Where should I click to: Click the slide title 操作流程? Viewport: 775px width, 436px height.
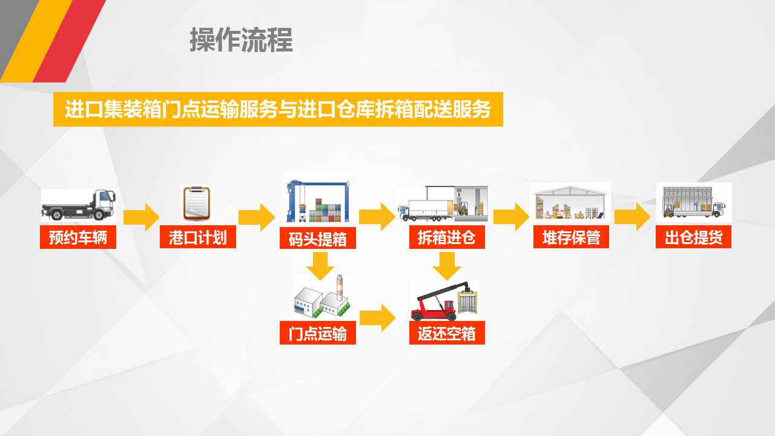pyautogui.click(x=241, y=40)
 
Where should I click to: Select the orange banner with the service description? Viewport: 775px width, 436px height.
pyautogui.click(x=278, y=109)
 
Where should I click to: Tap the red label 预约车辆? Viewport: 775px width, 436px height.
pyautogui.click(x=78, y=237)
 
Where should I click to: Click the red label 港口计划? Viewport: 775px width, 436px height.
pyautogui.click(x=198, y=237)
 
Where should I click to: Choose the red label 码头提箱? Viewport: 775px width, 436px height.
pyautogui.click(x=318, y=238)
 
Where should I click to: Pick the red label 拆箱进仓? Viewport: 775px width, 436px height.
pyautogui.click(x=447, y=237)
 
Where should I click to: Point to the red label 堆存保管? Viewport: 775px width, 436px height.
pyautogui.click(x=571, y=237)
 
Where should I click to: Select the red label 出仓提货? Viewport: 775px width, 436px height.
pyautogui.click(x=693, y=237)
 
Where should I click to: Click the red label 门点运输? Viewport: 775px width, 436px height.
pyautogui.click(x=318, y=333)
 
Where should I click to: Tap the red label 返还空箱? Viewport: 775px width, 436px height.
pyautogui.click(x=447, y=333)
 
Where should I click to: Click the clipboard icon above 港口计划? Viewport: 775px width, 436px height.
pyautogui.click(x=197, y=203)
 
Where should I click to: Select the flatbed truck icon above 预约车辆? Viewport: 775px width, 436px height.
pyautogui.click(x=78, y=205)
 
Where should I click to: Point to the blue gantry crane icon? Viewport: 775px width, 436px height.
pyautogui.click(x=318, y=201)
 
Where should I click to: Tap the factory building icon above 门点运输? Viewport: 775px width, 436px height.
pyautogui.click(x=322, y=297)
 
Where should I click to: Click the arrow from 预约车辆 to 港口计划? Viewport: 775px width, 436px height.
pyautogui.click(x=141, y=217)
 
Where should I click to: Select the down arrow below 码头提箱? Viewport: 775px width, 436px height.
pyautogui.click(x=320, y=266)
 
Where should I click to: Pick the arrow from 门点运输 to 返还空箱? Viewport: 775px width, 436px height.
pyautogui.click(x=377, y=318)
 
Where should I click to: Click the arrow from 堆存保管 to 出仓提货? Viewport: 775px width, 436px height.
pyautogui.click(x=632, y=217)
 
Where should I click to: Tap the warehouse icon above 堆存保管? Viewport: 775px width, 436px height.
pyautogui.click(x=570, y=203)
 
